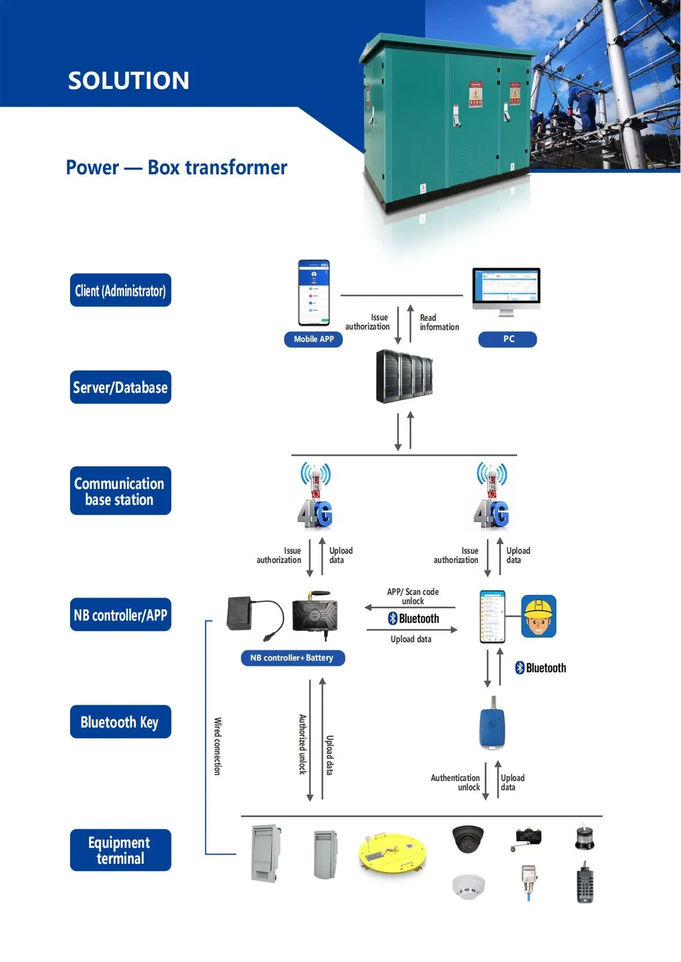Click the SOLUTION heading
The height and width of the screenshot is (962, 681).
tap(128, 80)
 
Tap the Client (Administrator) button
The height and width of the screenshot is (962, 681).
tap(120, 291)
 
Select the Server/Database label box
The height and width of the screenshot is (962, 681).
tap(120, 387)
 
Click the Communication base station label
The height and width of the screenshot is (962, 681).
tap(120, 491)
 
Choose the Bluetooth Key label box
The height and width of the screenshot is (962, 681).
tap(120, 722)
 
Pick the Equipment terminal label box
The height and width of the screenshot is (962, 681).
tap(120, 850)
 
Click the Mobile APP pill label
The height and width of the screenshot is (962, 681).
tap(314, 339)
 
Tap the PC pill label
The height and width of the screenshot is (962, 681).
tap(508, 339)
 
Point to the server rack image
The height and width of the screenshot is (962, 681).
tap(404, 376)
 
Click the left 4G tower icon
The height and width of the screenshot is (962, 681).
tap(315, 496)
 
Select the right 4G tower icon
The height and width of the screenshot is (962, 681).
tap(491, 496)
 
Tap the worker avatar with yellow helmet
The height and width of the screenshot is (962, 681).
tap(538, 617)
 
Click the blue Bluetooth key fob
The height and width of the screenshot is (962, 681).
tap(492, 726)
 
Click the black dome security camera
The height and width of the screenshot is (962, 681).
tap(468, 838)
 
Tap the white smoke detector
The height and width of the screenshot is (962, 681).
tap(468, 887)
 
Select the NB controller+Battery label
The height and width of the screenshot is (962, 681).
tap(292, 658)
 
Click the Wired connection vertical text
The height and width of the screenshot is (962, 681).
tap(217, 746)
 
